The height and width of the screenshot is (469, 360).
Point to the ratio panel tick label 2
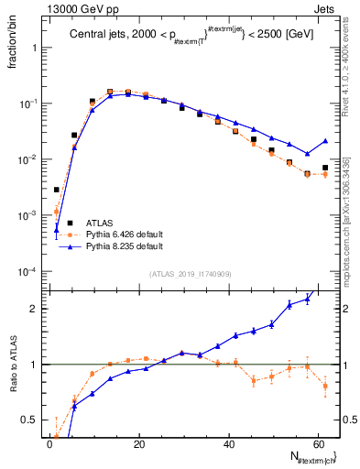click(36, 309)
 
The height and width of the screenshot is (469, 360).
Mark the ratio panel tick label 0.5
click(32, 420)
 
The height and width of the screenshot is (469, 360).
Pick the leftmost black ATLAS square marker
click(57, 190)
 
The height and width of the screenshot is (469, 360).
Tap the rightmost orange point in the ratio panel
click(325, 386)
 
